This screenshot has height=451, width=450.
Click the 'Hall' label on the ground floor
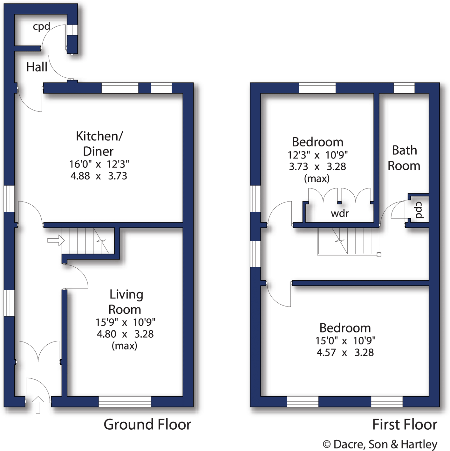37,67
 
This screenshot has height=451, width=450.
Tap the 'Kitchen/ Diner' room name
99,144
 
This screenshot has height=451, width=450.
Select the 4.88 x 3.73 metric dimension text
99,176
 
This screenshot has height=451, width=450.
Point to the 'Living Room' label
126,302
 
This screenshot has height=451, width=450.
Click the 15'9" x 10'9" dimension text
125,322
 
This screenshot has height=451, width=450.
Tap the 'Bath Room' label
404,158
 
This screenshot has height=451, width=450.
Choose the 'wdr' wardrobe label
340,213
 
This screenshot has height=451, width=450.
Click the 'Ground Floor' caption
147,424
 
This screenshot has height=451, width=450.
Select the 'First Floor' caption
405,424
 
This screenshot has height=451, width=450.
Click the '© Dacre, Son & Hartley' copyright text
380,444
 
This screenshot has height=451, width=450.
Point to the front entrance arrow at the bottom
38,405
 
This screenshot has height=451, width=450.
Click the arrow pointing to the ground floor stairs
56,240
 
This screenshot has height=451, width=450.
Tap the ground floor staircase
87,241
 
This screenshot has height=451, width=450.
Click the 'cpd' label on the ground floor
41,26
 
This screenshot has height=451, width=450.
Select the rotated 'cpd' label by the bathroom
419,210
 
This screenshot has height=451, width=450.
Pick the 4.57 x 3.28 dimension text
345,352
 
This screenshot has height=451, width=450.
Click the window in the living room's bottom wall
125,402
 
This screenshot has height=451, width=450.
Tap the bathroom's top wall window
404,88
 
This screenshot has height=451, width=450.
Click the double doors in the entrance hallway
38,352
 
